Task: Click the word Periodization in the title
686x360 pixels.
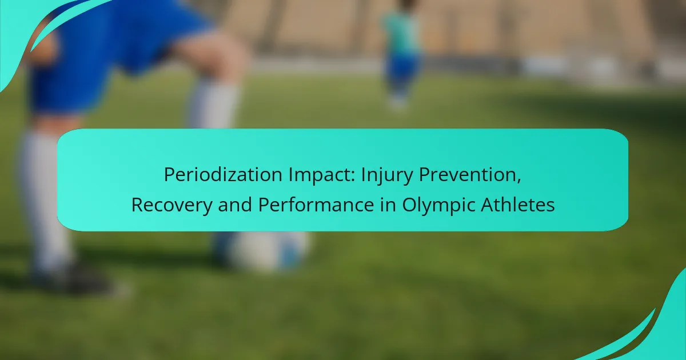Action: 223,174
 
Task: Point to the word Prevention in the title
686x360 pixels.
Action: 468,174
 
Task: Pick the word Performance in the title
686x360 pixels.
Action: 316,205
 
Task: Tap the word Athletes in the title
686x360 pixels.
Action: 517,205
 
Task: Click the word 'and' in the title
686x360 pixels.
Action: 235,205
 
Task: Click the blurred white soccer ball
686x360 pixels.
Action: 270,250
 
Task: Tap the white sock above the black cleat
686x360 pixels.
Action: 46,199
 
